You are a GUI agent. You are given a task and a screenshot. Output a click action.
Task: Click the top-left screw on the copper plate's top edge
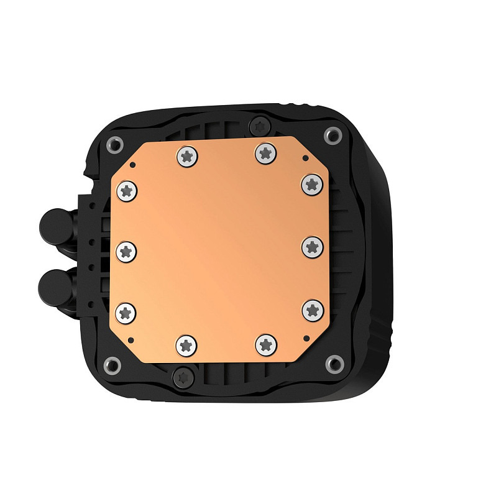pos(186,155)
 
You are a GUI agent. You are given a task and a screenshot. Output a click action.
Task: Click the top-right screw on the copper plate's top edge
pos(265,152)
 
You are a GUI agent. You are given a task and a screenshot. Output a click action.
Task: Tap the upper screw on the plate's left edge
pos(127,191)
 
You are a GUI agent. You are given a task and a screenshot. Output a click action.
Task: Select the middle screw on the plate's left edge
pos(127,252)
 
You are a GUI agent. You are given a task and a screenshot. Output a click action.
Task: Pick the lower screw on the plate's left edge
pos(127,312)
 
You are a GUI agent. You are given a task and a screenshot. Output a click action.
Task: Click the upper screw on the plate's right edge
pos(312,184)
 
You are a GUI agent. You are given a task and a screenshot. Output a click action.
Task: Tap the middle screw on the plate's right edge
pos(312,247)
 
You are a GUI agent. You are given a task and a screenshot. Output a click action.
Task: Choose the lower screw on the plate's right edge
pos(312,309)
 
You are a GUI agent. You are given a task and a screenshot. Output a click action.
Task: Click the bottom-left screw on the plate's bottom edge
pos(186,344)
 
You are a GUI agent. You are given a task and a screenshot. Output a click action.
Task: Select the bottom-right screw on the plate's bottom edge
pos(265,343)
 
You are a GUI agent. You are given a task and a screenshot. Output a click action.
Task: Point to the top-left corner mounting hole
pos(114,142)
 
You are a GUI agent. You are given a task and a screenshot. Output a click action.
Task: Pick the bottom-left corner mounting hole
pos(113,364)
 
